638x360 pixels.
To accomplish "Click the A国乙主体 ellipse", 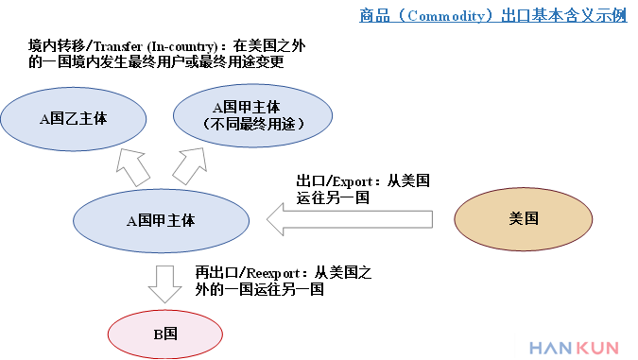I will (x=74, y=119).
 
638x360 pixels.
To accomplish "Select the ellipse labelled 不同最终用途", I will (x=253, y=115).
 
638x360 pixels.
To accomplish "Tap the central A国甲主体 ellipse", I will (x=161, y=220).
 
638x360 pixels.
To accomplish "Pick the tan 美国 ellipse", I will (x=524, y=218).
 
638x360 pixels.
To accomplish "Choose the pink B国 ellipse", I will (x=165, y=334).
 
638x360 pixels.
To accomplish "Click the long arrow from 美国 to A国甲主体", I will (x=350, y=219).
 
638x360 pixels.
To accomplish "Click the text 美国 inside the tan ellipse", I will (x=524, y=218).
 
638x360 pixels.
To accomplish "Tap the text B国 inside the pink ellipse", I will (x=165, y=334).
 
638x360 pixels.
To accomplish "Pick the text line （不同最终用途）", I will (x=253, y=124).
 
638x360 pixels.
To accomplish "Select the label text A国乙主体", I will (x=74, y=119).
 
